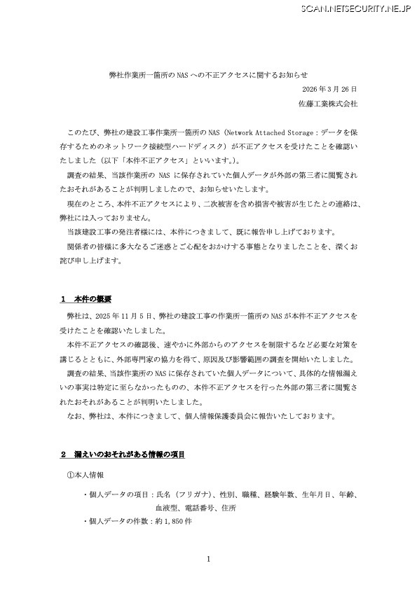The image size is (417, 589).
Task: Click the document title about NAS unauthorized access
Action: click(x=209, y=74)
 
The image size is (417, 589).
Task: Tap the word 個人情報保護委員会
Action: click(x=235, y=417)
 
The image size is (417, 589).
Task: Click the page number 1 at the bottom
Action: click(x=208, y=558)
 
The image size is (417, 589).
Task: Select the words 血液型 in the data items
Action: click(x=166, y=508)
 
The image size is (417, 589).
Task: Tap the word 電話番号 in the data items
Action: click(x=199, y=508)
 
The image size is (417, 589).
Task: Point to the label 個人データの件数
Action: click(x=117, y=522)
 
